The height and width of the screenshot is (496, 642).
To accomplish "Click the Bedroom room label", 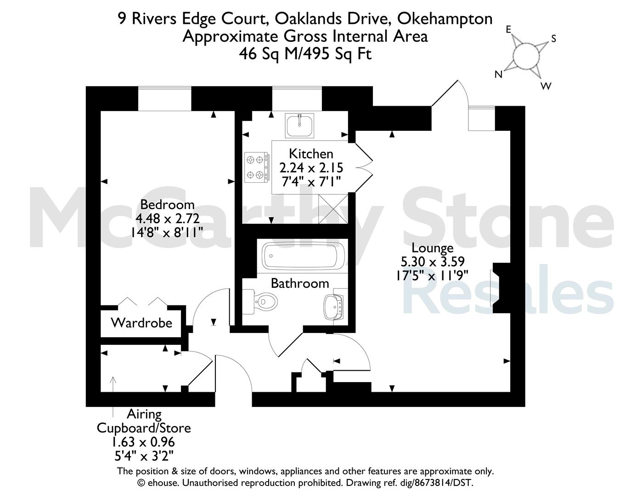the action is click(x=167, y=205).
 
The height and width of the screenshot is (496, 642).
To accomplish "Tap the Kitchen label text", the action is click(x=311, y=154).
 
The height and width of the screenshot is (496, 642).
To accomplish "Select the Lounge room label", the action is click(x=433, y=248).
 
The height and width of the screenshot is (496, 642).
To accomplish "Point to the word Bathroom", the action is click(x=300, y=284).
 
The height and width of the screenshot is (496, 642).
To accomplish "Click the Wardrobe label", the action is click(x=141, y=323).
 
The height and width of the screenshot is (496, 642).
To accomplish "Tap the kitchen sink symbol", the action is click(x=299, y=125).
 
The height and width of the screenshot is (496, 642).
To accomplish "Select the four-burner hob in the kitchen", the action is click(x=256, y=167).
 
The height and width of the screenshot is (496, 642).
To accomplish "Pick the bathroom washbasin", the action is click(x=335, y=307).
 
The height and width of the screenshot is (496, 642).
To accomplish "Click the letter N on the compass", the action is click(x=498, y=74).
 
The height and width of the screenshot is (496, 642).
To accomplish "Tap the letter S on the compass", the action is click(x=554, y=39).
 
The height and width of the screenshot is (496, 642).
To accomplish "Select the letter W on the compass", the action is click(x=546, y=86).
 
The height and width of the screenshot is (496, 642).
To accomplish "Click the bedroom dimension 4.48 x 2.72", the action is click(x=168, y=219).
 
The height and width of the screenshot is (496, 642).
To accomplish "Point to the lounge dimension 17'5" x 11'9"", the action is click(x=432, y=276).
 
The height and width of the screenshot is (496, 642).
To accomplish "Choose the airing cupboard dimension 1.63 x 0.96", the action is click(x=143, y=442).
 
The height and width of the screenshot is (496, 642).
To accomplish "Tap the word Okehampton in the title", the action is click(x=445, y=19).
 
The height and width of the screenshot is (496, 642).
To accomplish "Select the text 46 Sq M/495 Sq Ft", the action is click(x=305, y=54).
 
